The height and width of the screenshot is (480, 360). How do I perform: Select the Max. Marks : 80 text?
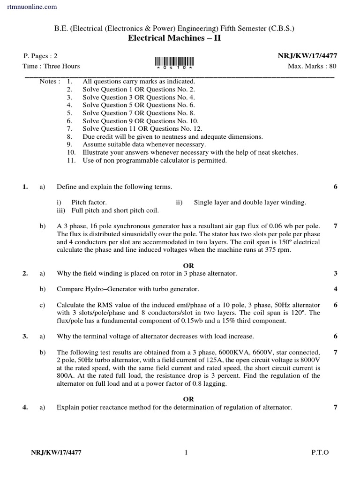(312, 66)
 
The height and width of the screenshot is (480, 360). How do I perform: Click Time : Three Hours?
(51, 66)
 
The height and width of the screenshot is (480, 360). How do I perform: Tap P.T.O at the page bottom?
(320, 452)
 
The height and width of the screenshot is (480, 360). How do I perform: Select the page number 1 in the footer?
(186, 452)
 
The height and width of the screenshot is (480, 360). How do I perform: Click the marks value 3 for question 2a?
(335, 273)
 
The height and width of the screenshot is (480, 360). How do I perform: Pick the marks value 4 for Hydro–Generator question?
(335, 289)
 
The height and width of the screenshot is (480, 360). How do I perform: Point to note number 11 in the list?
(71, 160)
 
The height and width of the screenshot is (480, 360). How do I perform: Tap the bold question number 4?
(25, 407)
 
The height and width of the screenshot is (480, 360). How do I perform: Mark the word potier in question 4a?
(90, 407)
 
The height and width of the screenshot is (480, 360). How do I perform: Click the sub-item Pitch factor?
(89, 202)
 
